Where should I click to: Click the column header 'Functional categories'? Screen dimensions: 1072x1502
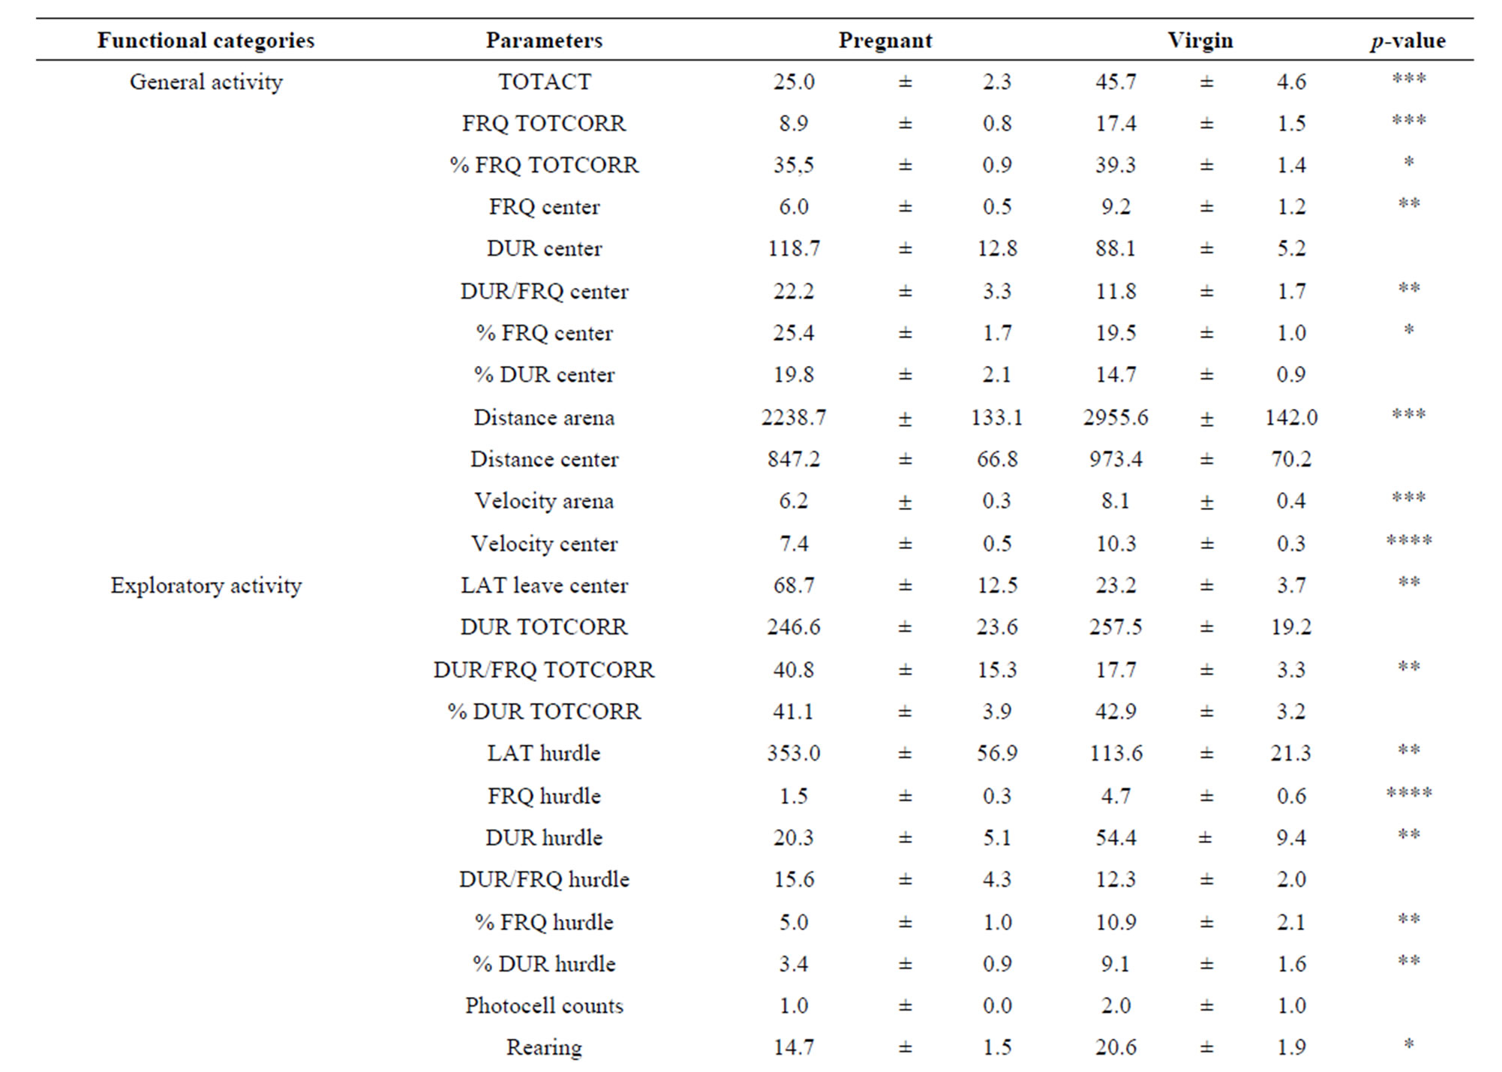206,41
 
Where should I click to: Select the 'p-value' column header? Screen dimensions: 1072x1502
1407,41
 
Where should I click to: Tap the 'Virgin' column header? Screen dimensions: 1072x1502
1200,41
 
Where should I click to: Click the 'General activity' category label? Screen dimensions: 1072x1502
206,82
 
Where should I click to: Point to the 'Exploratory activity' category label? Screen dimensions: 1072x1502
206,585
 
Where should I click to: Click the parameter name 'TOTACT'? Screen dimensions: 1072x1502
544,82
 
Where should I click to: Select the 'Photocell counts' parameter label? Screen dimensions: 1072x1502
544,1005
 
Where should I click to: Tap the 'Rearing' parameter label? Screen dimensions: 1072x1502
544,1047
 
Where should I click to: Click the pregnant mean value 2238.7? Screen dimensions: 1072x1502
793,417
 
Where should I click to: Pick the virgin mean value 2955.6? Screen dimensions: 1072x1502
1115,417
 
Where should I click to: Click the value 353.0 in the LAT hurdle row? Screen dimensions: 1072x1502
793,753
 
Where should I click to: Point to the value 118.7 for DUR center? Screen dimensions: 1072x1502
793,249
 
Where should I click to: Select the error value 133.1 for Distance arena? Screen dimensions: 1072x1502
996,417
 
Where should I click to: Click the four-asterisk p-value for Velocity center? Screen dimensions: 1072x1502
1408,541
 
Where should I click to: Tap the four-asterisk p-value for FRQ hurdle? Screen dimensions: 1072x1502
1408,793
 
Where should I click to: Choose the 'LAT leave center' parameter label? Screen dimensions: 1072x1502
544,585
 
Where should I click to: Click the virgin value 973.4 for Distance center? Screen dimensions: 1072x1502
1116,459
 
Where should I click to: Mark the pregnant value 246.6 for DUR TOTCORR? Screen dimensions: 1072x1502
793,627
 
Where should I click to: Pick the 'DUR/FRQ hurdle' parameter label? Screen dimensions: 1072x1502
544,879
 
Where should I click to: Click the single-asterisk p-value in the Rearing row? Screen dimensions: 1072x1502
1408,1044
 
